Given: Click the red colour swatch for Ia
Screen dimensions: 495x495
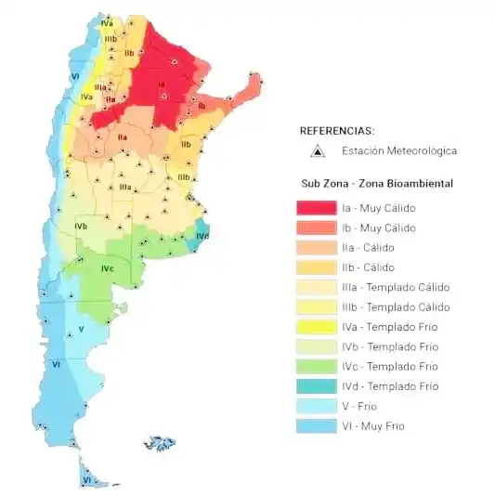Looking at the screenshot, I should [316, 208].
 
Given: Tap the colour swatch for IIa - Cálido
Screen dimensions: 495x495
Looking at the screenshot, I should [316, 248].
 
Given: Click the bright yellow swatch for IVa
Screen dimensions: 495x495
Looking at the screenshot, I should [316, 327].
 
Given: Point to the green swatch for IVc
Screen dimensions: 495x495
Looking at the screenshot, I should [316, 367].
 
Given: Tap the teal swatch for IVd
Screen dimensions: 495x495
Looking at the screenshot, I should [316, 386].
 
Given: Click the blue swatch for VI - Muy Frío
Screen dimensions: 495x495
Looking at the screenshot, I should [316, 426].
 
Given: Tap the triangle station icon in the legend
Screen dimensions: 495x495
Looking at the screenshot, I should [317, 150].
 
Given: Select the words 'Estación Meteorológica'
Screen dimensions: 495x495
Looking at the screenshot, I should [399, 150].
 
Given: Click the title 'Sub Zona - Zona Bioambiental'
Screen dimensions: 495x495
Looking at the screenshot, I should [377, 184].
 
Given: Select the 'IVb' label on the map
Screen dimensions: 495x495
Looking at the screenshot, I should [82, 226].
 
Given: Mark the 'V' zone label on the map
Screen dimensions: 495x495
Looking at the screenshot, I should [81, 329].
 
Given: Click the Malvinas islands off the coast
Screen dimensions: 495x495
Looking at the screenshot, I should [161, 443].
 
